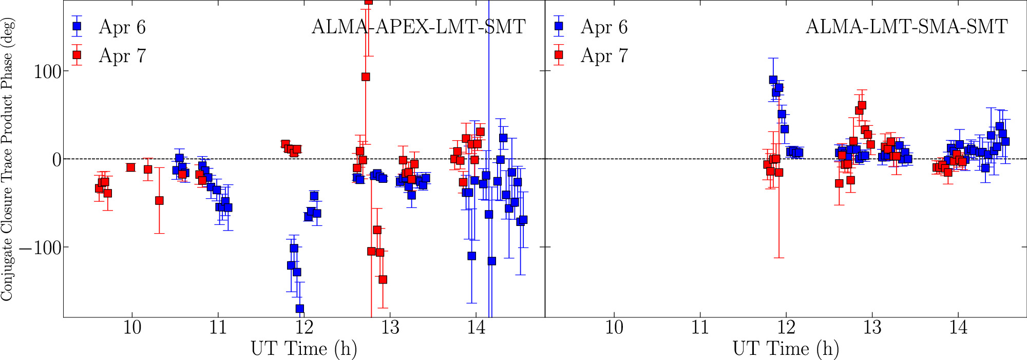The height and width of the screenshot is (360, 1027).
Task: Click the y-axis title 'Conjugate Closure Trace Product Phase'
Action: (x=7, y=159)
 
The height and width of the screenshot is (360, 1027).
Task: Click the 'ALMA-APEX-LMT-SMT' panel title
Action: (x=419, y=27)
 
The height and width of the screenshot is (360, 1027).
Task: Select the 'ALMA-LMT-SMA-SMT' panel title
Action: (x=906, y=27)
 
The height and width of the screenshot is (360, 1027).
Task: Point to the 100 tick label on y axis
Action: (x=47, y=71)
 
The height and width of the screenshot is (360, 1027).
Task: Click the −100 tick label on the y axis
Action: (x=40, y=248)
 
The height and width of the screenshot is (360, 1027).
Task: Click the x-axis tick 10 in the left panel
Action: (x=132, y=327)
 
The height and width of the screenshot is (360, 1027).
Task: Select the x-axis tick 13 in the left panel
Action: (x=390, y=327)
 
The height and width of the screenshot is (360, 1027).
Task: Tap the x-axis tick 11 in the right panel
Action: (x=700, y=327)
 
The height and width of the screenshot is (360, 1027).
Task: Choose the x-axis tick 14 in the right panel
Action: (x=958, y=327)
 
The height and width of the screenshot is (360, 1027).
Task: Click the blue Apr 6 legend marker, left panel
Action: (x=77, y=26)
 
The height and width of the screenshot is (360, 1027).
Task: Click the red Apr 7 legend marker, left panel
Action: (x=77, y=55)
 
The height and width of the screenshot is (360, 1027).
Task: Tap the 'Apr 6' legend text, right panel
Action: (x=604, y=27)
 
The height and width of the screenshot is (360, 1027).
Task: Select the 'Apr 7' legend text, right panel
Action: (x=604, y=55)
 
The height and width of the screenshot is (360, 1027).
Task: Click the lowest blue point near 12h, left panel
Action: (x=299, y=309)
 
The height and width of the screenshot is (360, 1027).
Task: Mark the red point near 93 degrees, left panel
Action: (x=366, y=77)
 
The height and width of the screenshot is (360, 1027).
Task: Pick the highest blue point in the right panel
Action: (x=773, y=80)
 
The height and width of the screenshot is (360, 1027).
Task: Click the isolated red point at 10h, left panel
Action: (x=130, y=167)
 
